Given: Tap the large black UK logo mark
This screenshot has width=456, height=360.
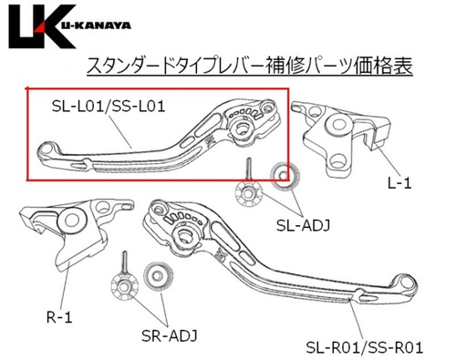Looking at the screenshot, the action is click(41, 26).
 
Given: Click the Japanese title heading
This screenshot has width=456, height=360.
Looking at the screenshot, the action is click(249, 66).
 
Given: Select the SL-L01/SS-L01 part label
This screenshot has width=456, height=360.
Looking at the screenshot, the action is click(109, 107).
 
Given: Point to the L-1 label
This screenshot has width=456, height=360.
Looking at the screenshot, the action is click(399, 183).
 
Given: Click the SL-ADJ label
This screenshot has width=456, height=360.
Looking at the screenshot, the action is click(303, 226).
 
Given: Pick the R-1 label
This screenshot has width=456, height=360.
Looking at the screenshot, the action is click(59, 318).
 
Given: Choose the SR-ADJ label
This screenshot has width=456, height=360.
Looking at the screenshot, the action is click(170, 335).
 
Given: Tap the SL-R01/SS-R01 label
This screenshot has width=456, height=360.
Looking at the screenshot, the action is click(364, 347).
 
